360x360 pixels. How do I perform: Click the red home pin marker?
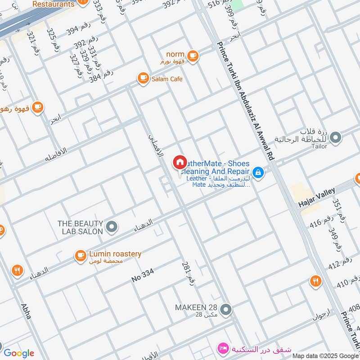180,162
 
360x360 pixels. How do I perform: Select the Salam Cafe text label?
167,79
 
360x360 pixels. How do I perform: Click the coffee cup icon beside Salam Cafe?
143,78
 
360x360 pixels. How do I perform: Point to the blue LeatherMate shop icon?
258,172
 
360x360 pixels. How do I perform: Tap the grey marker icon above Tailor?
335,137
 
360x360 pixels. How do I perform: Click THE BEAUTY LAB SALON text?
81,227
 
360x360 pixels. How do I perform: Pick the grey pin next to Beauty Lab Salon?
112,227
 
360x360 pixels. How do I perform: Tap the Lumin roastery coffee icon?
81,256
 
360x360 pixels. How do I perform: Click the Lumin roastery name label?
115,254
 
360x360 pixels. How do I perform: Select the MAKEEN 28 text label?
196,308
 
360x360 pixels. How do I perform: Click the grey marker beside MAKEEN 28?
226,309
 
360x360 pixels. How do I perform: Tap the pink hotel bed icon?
222,348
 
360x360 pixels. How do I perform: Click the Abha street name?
26,311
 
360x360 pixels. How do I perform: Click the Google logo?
18,353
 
